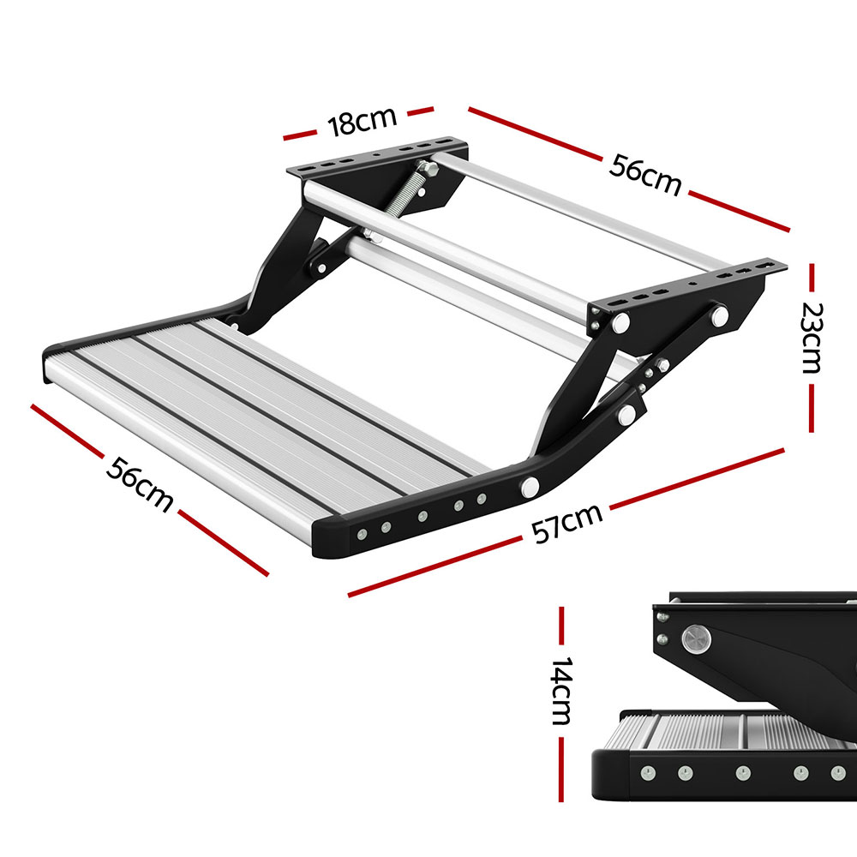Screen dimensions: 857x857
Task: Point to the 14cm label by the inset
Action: [x=561, y=692]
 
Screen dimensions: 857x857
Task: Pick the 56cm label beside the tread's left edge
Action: [x=139, y=483]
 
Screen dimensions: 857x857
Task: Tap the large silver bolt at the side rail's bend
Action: [x=530, y=487]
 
